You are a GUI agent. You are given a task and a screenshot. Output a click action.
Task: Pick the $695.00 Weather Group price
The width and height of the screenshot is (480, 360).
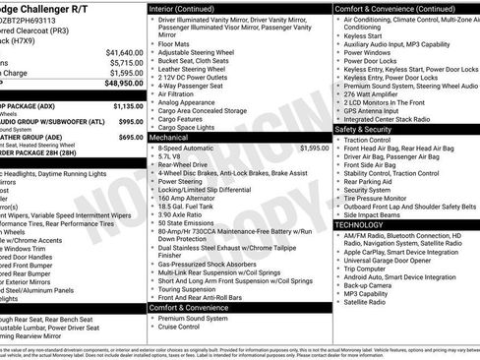click(x=131, y=137)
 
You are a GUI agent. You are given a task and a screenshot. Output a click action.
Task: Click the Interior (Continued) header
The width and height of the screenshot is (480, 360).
click(x=188, y=8)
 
